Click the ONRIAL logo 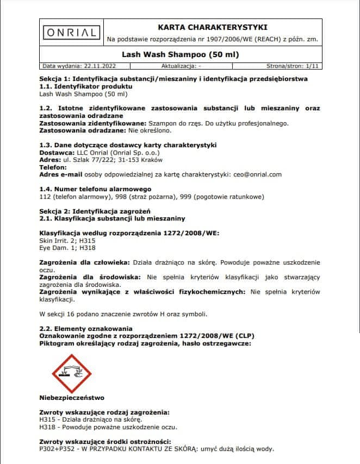[x=71, y=33]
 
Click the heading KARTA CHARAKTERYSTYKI [x=212, y=27]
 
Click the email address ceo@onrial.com [x=258, y=174]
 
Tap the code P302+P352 [x=58, y=449]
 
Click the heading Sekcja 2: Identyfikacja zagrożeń [x=98, y=210]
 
